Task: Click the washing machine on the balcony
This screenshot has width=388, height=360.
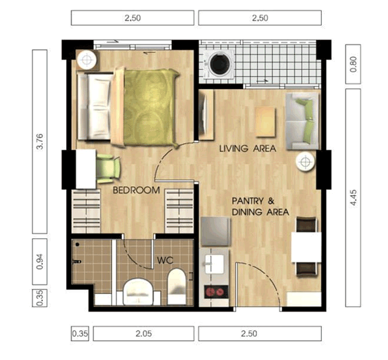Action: click(219, 64)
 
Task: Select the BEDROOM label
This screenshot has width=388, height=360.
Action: click(136, 190)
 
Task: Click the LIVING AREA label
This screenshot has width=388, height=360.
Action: click(248, 148)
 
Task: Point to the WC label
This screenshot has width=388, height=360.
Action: click(166, 260)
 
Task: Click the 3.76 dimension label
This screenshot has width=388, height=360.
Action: click(39, 142)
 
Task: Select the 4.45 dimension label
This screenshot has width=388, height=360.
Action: click(353, 198)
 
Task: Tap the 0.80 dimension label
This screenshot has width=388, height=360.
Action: click(353, 64)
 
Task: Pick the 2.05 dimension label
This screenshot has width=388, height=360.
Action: click(144, 333)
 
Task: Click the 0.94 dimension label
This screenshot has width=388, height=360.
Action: click(39, 262)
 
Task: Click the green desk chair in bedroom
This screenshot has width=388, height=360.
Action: click(109, 168)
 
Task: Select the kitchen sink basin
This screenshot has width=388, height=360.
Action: click(214, 264)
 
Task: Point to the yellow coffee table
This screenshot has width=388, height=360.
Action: click(266, 122)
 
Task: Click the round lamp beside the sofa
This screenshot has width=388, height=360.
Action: click(306, 162)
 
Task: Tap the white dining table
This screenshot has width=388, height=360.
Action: click(306, 247)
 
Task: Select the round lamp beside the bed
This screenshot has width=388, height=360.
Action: click(86, 59)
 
